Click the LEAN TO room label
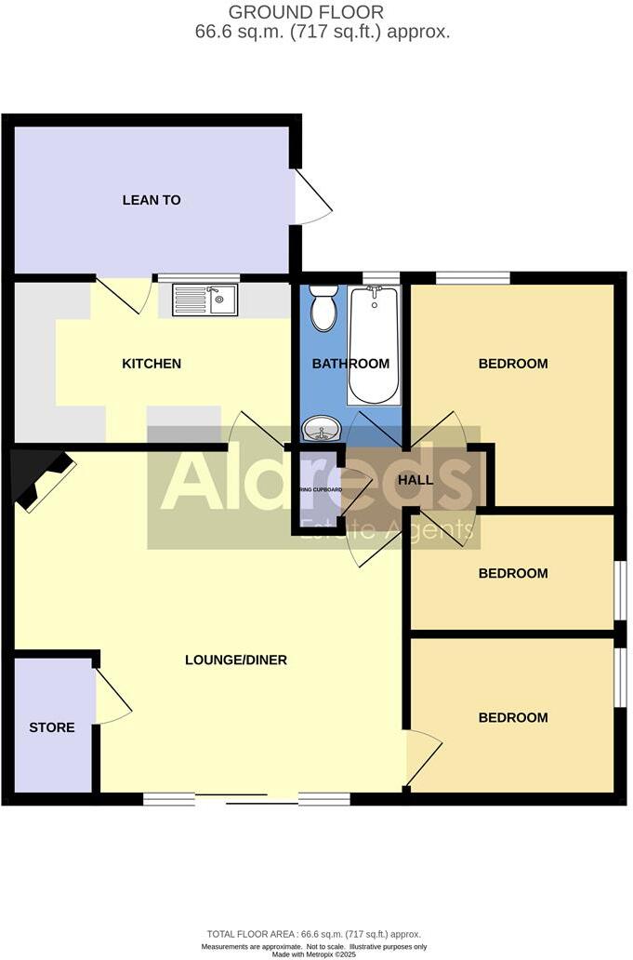[152, 200]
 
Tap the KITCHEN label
[152, 364]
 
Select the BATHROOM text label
[350, 364]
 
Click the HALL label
[415, 479]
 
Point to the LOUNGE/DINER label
[236, 660]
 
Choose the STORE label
[52, 727]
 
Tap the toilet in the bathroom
[323, 308]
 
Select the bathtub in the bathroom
[374, 344]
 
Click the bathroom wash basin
[322, 430]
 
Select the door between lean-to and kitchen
[125, 293]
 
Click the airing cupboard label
[319, 489]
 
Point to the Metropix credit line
[316, 953]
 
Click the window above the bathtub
[380, 276]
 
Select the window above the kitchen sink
[197, 277]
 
